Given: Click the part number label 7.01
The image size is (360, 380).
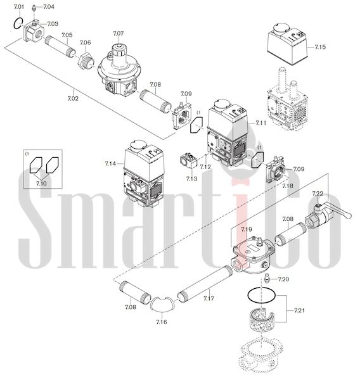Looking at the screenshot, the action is tap(18, 6).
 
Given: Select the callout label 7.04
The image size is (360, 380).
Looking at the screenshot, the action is tap(49, 6).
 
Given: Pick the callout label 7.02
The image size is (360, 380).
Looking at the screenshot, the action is tap(73, 99).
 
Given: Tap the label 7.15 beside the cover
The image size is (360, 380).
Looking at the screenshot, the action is tap(320, 47).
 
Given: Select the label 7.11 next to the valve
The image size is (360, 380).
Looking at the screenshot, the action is tap(260, 123).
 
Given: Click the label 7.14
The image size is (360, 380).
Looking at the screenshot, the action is tap(110, 164).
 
